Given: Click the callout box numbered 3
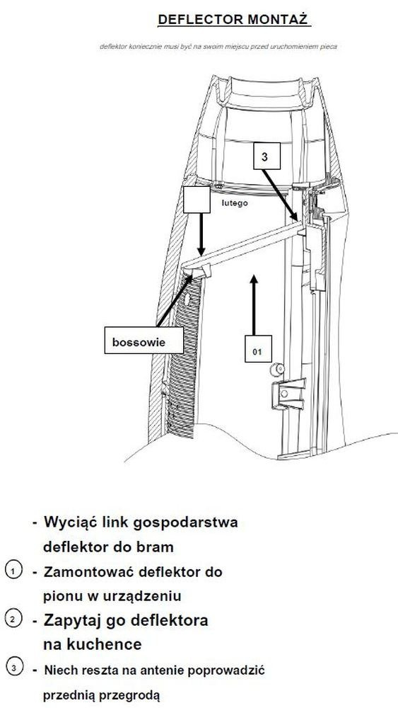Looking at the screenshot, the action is coord(267,156).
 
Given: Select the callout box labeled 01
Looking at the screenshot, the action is coord(258,349).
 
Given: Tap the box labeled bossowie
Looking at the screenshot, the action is coord(144,340).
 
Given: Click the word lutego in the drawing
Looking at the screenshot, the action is coord(235,204).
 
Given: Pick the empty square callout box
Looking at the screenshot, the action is coord(197,200).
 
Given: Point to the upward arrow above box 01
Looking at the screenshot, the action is coord(254,304).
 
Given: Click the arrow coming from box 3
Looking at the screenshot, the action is coord(280,195).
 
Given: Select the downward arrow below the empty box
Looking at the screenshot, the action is coord(201,234).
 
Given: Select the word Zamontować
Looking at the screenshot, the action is coord(88,571).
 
